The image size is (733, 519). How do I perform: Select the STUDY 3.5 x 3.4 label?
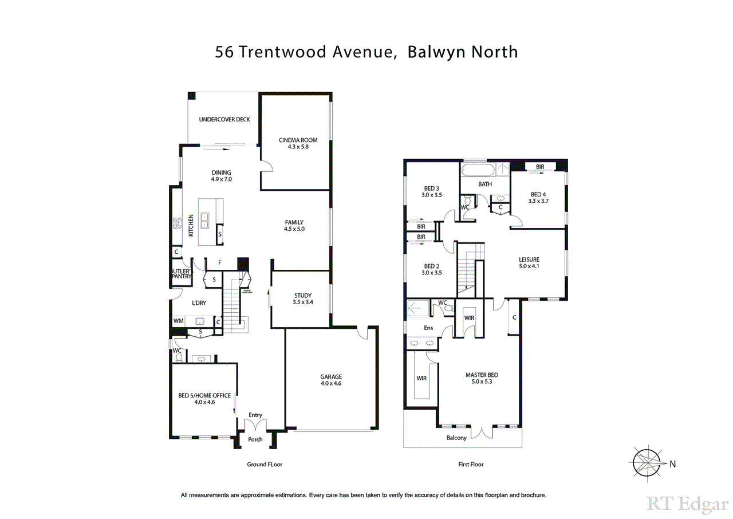(x=302, y=298)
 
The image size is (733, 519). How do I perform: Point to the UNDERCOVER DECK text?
(x=224, y=120)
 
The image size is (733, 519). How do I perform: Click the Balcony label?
(x=456, y=438)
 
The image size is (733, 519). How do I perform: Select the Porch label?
(x=255, y=439)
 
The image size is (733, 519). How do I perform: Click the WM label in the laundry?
(x=179, y=321)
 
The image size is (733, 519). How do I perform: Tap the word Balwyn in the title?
(x=437, y=52)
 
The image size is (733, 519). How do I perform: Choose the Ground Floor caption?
(x=265, y=464)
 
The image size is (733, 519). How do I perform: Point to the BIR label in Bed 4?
(x=540, y=167)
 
